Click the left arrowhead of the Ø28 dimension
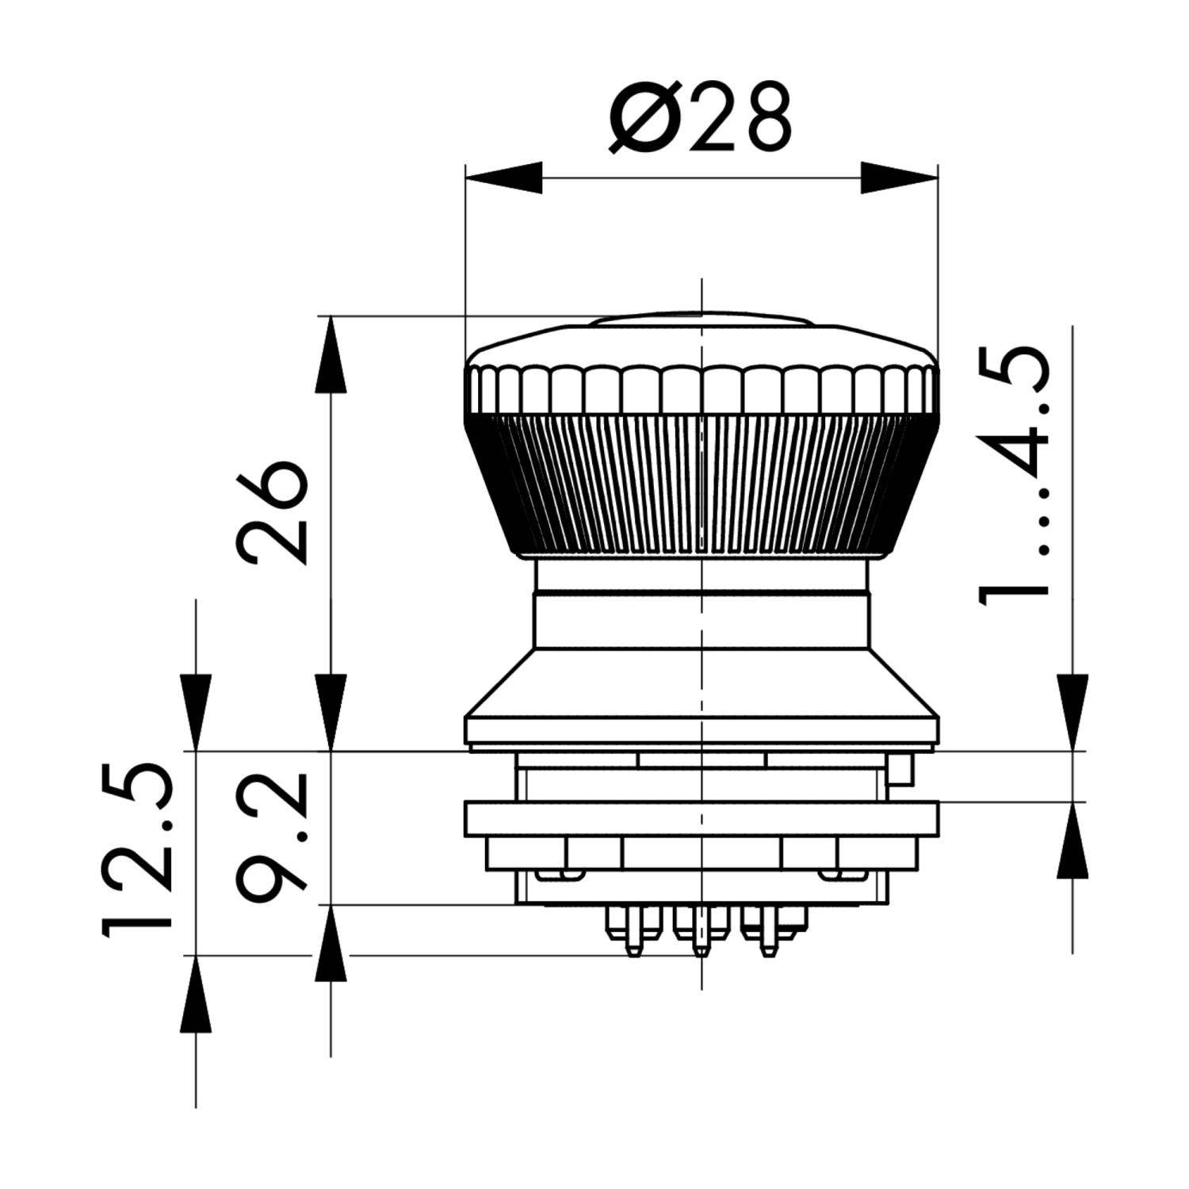point(504,178)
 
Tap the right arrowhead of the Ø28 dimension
point(899,178)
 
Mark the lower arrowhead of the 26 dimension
point(331,711)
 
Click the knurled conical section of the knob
point(701,484)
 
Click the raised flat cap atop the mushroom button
point(701,319)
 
